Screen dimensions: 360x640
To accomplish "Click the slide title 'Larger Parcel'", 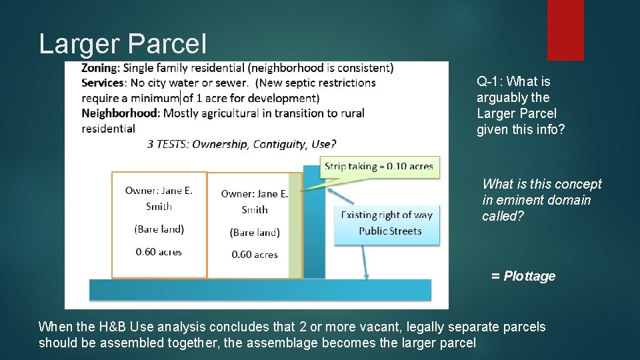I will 123,44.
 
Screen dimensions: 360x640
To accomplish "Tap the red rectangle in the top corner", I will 565,30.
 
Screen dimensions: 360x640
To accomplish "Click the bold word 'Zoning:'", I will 101,68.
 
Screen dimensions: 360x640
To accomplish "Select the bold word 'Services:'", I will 103,83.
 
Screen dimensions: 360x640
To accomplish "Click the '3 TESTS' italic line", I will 241,143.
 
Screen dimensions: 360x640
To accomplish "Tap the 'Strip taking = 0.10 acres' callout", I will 379,166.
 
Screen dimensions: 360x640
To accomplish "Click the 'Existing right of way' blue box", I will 387,223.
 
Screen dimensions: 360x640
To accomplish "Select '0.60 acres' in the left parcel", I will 159,252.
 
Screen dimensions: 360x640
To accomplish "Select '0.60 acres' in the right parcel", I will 255,255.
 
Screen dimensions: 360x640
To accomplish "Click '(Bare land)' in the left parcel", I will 159,229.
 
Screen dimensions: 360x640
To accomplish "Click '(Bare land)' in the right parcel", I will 255,232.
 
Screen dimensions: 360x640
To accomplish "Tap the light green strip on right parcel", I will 295,227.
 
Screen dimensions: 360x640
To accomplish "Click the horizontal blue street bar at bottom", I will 260,290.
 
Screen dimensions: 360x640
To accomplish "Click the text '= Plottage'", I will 523,276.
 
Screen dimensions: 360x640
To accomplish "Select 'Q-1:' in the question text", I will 490,82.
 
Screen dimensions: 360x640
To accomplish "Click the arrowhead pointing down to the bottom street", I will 366,275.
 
